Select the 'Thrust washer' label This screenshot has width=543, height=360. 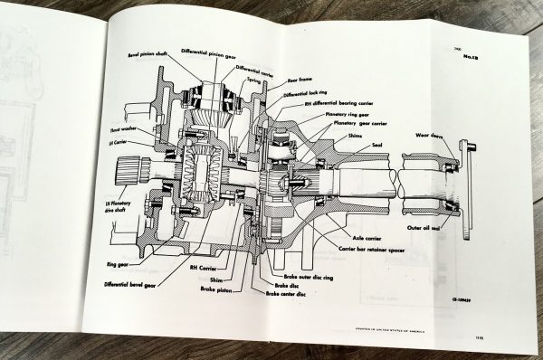[x=119, y=131]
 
